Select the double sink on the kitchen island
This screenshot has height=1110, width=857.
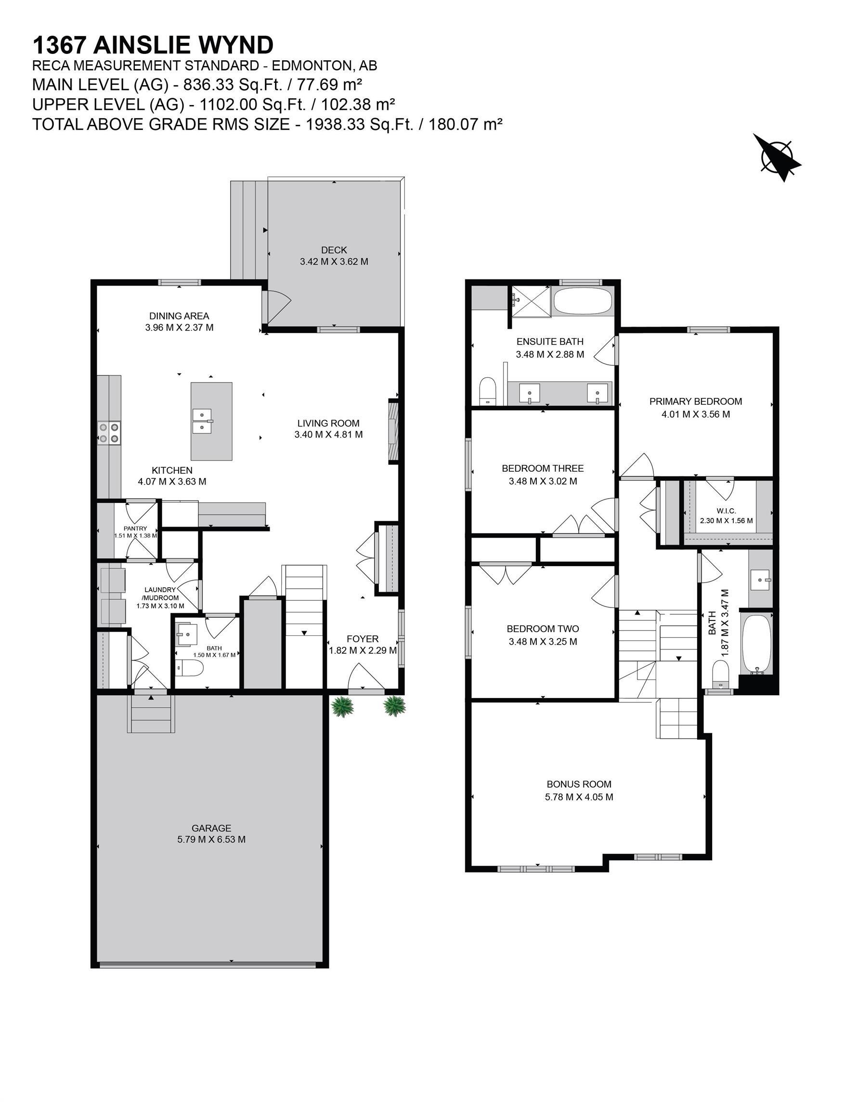[x=202, y=421]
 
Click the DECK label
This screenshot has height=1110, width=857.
[x=334, y=250]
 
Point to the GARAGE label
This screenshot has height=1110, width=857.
[x=211, y=828]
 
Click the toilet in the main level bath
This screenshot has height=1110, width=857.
[x=190, y=667]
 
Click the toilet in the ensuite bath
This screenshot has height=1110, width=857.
[x=487, y=391]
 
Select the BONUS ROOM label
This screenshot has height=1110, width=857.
[x=579, y=784]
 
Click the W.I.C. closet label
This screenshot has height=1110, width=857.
[x=726, y=511]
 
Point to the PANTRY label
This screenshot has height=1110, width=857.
[x=135, y=529]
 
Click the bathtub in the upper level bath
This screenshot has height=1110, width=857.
[x=756, y=644]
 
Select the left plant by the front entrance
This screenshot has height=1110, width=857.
[x=342, y=706]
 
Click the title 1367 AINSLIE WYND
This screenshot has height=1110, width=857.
[x=153, y=45]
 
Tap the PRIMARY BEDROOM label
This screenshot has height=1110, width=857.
[x=695, y=401]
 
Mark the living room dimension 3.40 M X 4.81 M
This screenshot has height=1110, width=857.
[x=328, y=435]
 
